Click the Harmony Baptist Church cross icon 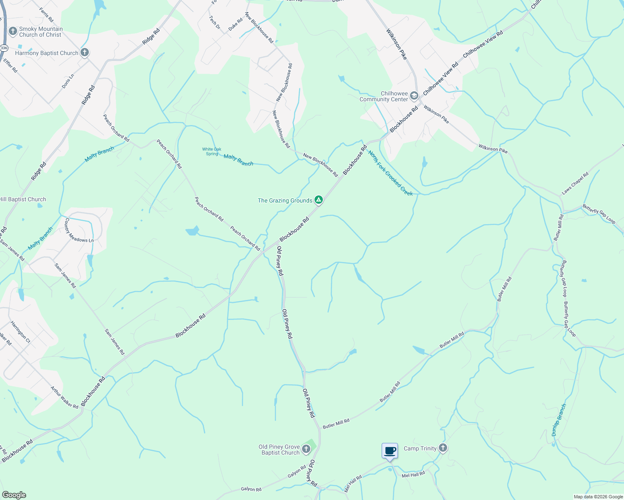click(x=85, y=53)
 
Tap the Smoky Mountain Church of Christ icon click(x=13, y=32)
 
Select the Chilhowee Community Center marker click(x=414, y=96)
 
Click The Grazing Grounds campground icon click(x=319, y=200)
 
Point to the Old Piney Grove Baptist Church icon click(x=306, y=449)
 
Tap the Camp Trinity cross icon click(x=443, y=448)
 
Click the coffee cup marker click(x=390, y=451)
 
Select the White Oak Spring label click(x=211, y=151)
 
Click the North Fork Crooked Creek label click(x=390, y=173)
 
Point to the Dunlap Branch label click(x=559, y=420)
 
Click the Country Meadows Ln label click(x=78, y=230)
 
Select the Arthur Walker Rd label click(x=64, y=397)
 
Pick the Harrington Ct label click(x=20, y=332)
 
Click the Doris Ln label click(x=68, y=81)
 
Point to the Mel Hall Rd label click(x=413, y=475)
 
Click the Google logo click(x=14, y=495)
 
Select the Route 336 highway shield click(x=4, y=48)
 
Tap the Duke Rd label click(x=235, y=25)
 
